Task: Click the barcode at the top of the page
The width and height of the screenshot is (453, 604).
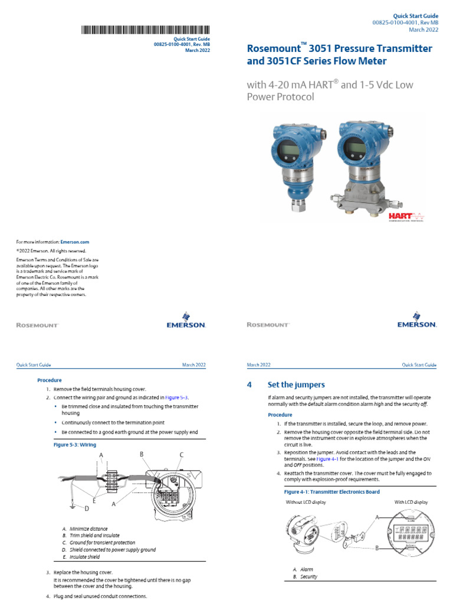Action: click(x=144, y=29)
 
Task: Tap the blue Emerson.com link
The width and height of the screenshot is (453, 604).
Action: click(x=77, y=242)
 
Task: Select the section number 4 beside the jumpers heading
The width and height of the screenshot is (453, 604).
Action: click(x=250, y=385)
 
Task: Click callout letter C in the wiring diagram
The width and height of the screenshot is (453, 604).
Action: click(x=182, y=455)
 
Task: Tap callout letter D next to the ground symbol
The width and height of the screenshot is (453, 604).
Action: click(x=86, y=508)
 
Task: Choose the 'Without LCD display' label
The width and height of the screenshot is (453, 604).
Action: click(x=307, y=502)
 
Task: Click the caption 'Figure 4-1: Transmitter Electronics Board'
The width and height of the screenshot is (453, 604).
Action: click(x=332, y=491)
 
